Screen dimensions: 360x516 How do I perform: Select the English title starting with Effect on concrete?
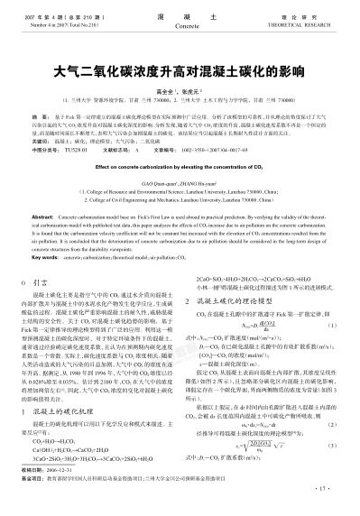180,191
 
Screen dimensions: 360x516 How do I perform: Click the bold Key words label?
45,281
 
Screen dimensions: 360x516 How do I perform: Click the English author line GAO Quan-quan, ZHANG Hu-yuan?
180,207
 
